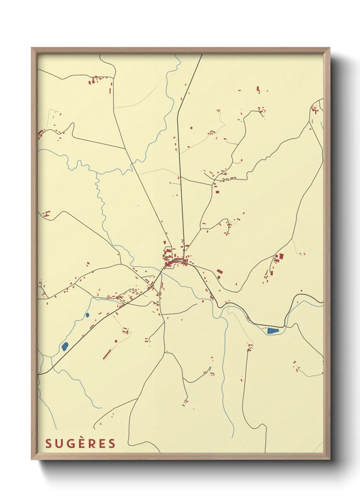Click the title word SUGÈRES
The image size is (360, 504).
click(x=80, y=443)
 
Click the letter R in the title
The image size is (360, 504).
click(x=91, y=443)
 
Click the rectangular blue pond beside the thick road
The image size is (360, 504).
click(x=273, y=330)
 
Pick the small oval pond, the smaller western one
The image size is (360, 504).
click(x=87, y=315)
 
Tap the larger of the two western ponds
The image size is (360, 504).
click(x=65, y=347)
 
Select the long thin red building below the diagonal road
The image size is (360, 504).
click(x=108, y=354)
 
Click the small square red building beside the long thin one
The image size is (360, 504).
click(x=116, y=341)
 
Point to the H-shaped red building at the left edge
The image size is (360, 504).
click(x=46, y=214)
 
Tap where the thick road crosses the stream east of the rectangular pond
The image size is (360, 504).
click(x=285, y=326)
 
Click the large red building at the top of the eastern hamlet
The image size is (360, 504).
click(x=281, y=256)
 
